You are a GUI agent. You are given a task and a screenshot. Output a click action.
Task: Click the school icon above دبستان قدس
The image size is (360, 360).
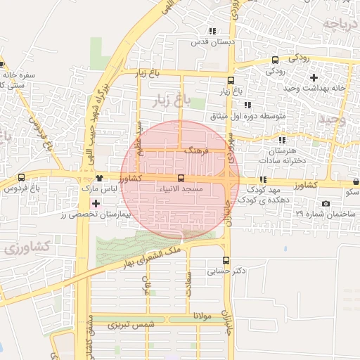[x=212, y=32]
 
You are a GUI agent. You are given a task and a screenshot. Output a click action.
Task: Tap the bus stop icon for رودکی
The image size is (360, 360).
[x=275, y=60]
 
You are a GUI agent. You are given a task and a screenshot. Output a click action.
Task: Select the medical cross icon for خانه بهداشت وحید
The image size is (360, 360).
[x=314, y=77]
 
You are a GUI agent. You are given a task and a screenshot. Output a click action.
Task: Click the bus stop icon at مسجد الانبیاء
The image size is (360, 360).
[x=181, y=179]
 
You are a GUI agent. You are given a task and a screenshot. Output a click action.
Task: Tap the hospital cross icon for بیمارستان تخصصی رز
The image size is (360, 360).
[x=96, y=203]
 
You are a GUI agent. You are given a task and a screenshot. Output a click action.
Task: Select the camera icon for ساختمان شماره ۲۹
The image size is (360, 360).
[x=325, y=203]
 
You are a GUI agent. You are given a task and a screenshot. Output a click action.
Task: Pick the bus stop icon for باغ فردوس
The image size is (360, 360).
[x=21, y=178]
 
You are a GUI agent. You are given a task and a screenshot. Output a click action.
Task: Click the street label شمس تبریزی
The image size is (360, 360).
[x=130, y=326]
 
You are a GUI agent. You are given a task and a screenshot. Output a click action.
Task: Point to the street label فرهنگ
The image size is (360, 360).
[x=192, y=151]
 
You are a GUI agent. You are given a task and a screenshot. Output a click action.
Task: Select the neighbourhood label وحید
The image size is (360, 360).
[x=332, y=119]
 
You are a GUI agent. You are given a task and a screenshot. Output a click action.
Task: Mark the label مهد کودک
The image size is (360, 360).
[x=264, y=191]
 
